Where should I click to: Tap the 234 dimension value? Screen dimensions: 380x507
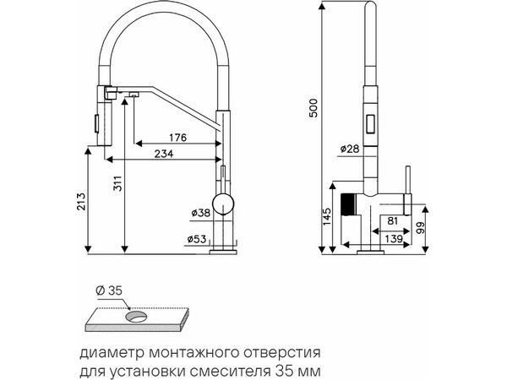[165, 153]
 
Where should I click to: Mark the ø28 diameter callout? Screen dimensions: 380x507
[350, 149]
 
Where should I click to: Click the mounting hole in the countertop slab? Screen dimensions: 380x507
[135, 318]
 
